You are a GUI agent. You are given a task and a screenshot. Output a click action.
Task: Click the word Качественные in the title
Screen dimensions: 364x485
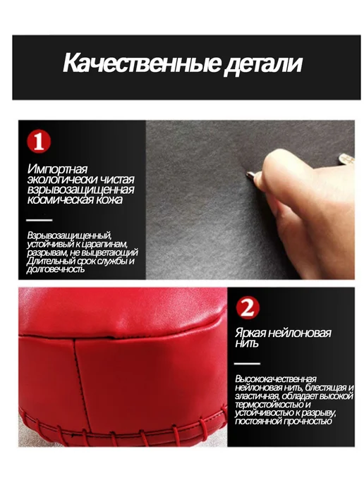tap(142, 63)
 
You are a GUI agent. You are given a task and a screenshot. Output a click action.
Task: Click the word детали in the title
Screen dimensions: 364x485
tap(263, 64)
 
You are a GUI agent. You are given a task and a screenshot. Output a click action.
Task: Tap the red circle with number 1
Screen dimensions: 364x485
tap(39, 142)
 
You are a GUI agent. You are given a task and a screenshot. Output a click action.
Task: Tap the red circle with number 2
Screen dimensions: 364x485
tap(248, 307)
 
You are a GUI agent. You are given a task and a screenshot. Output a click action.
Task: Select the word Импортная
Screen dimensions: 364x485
tap(57, 169)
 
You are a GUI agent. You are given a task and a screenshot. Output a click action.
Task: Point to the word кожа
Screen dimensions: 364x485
tap(110, 199)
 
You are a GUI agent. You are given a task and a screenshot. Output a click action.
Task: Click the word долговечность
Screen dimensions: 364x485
tap(56, 269)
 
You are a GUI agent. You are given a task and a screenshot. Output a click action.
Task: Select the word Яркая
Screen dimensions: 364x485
tap(250, 333)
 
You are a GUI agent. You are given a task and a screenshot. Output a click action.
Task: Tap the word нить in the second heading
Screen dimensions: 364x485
tap(246, 343)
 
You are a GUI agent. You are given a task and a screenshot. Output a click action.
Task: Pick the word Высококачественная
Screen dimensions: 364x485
tap(276, 379)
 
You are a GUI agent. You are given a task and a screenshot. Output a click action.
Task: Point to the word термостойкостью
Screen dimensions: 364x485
tap(270, 405)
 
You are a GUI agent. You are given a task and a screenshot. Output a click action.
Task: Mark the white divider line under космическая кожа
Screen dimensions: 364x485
tap(40, 220)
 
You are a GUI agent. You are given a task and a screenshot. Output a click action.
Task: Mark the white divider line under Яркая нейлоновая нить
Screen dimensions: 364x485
tap(247, 364)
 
